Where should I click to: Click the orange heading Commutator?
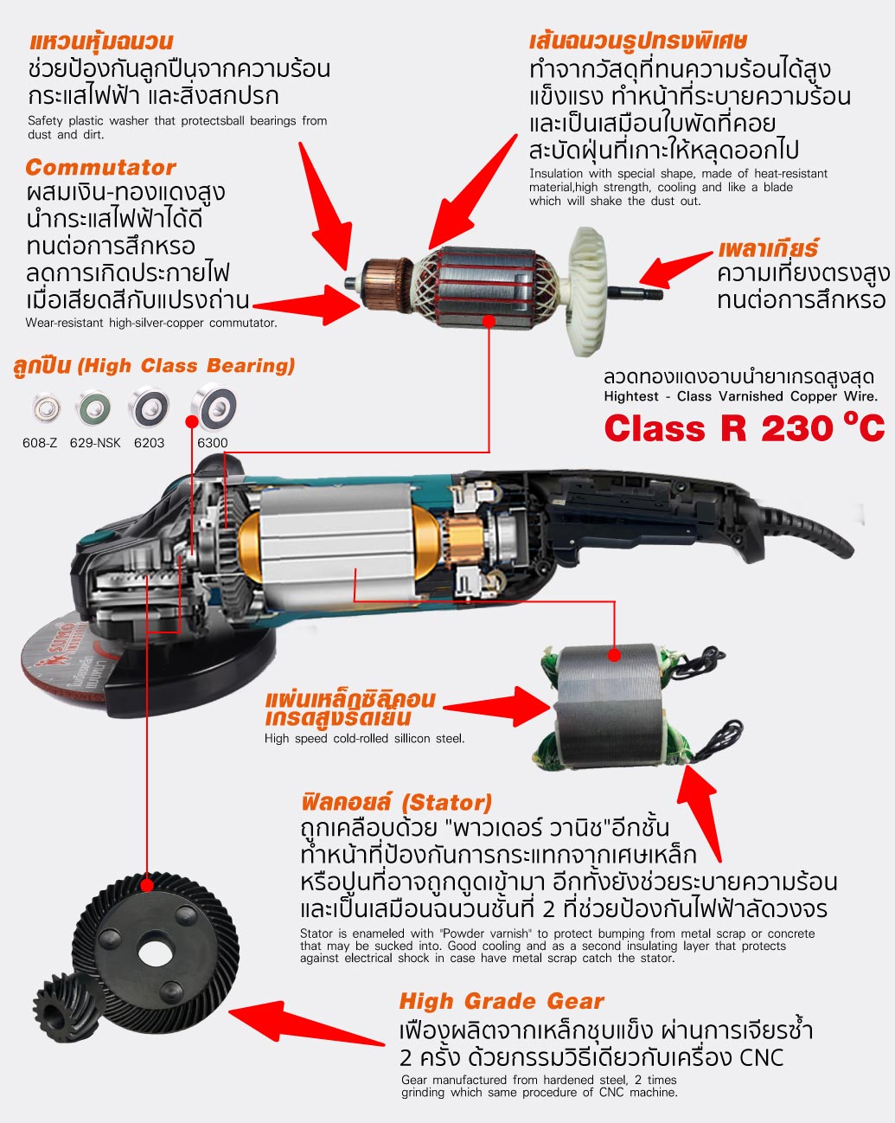click(x=100, y=168)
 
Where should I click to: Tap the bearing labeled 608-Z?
click(x=46, y=407)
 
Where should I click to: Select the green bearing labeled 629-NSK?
click(x=93, y=407)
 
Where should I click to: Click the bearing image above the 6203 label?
click(x=149, y=407)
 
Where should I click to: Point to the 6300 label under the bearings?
click(x=212, y=443)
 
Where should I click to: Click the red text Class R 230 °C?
click(x=745, y=428)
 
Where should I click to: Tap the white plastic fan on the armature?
click(x=587, y=292)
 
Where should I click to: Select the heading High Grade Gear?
click(x=502, y=999)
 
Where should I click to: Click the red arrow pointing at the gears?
click(x=307, y=1024)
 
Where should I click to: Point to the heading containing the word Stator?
click(x=397, y=802)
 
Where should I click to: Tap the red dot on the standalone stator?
click(x=615, y=654)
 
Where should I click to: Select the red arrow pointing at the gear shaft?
click(x=675, y=269)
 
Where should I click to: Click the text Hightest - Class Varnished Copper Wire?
click(x=740, y=396)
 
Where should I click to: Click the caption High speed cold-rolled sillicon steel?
click(x=364, y=738)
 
